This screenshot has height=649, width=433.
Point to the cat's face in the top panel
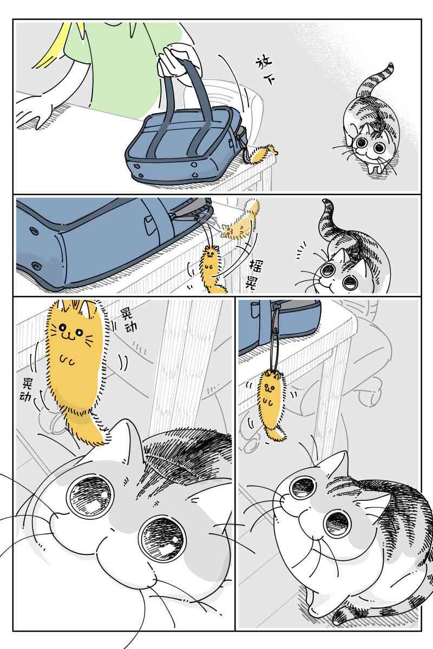pos(369,143)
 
